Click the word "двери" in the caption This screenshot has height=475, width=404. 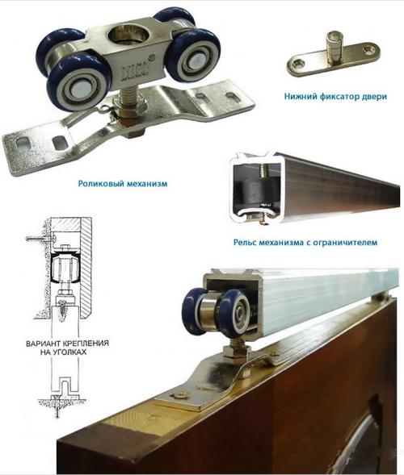374,97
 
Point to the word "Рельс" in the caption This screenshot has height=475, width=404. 246,243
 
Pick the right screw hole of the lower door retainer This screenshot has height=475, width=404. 369,48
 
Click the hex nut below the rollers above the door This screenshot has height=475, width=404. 236,352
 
